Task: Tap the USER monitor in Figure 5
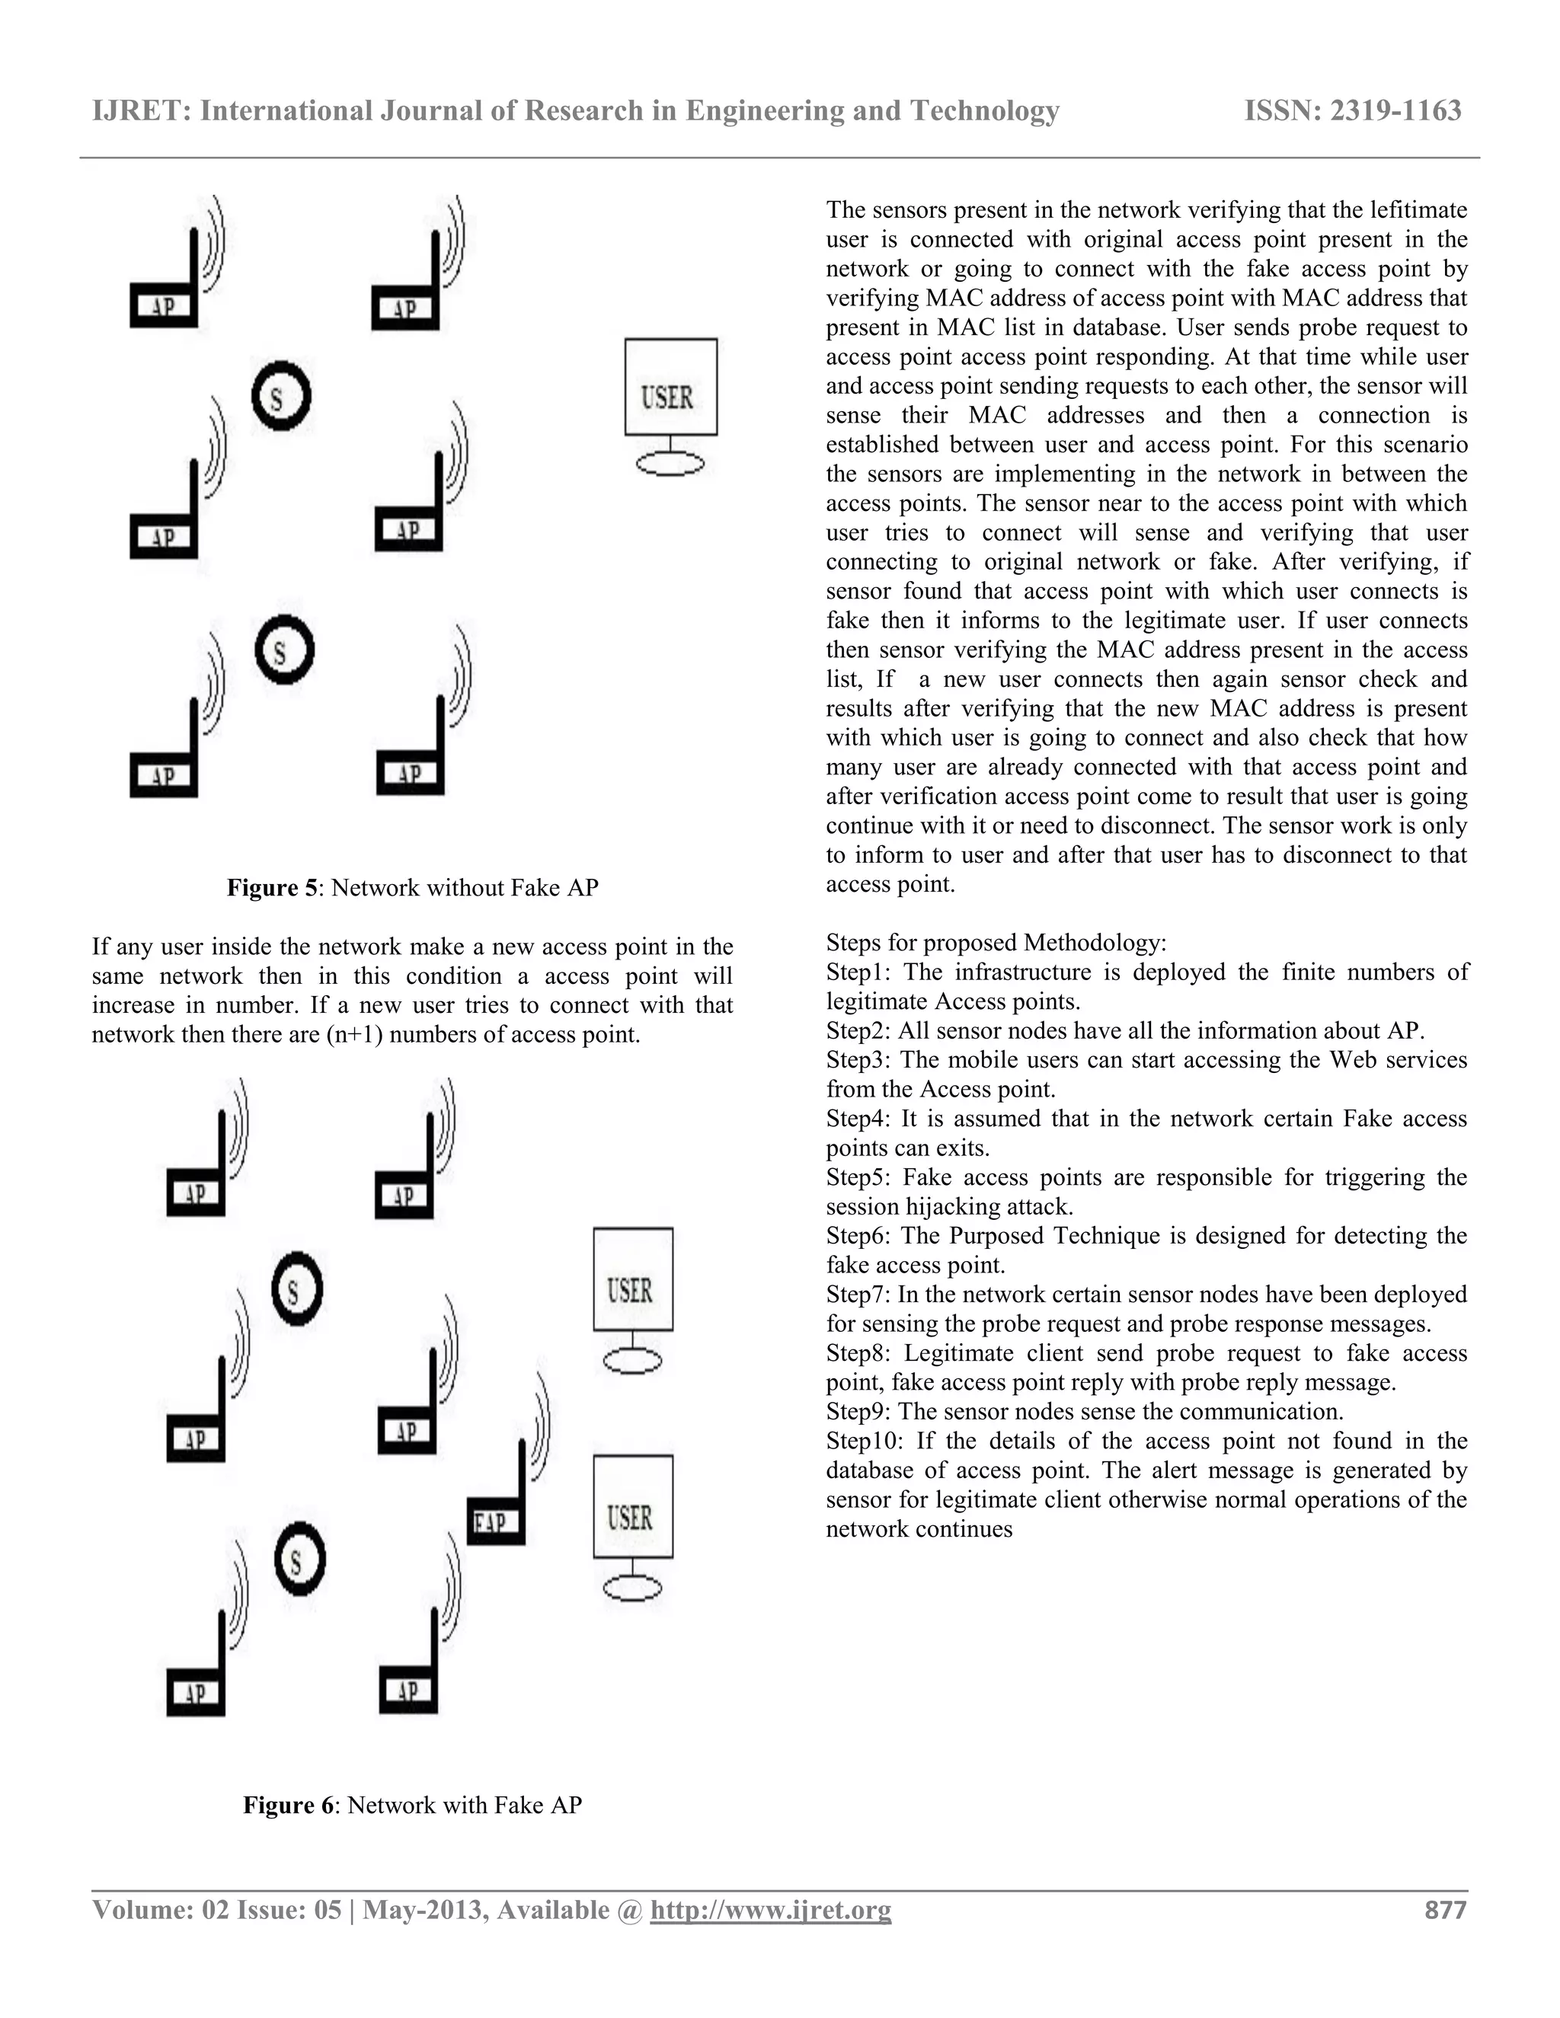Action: coord(670,388)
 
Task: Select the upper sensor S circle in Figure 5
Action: coord(281,398)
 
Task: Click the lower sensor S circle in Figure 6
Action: coord(299,1562)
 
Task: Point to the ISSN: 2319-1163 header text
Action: coord(1352,111)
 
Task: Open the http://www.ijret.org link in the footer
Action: coord(771,1910)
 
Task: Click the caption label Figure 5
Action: coord(274,888)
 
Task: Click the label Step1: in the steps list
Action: coord(858,972)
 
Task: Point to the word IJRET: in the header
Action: coord(142,111)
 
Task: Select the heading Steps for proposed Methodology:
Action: coord(996,943)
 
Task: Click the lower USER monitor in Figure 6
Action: coord(632,1509)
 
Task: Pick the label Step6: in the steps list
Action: coord(858,1235)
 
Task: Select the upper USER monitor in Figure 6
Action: coord(632,1282)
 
